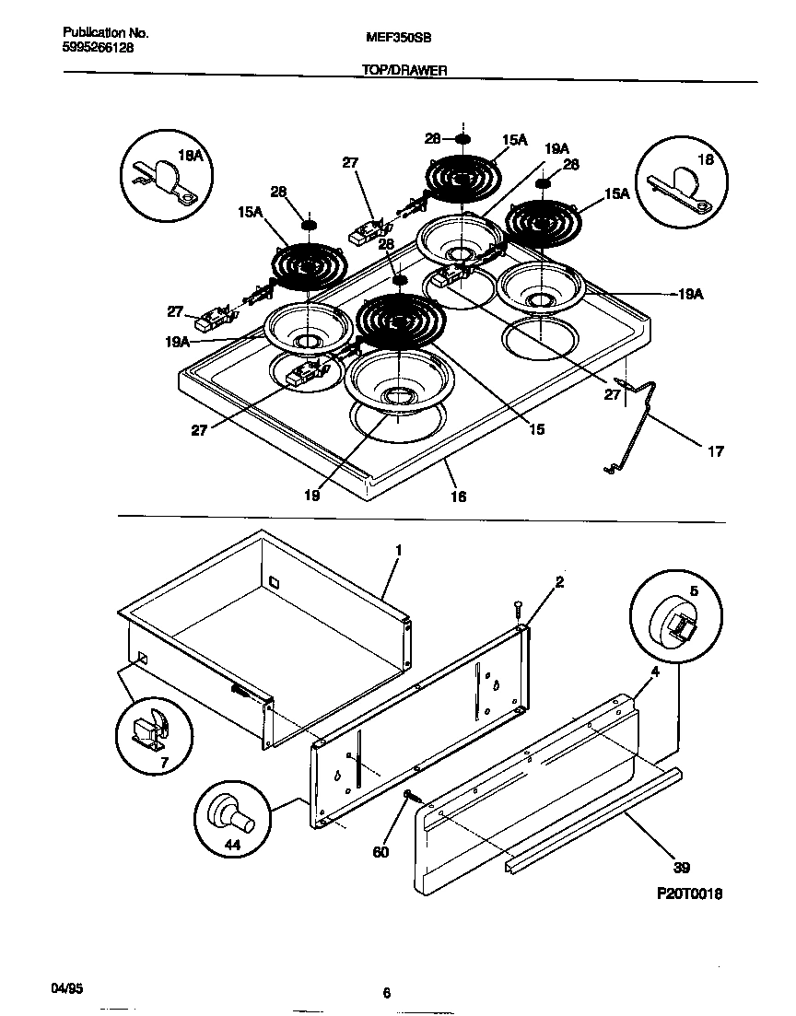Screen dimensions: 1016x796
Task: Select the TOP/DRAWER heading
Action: click(x=404, y=70)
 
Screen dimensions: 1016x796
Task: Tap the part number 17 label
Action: click(x=716, y=451)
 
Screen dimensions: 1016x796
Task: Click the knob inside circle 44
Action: click(x=233, y=812)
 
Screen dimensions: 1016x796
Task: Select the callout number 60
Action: click(x=380, y=852)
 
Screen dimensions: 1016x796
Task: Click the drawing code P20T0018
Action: click(x=688, y=893)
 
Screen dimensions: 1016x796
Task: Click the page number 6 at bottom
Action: click(x=387, y=993)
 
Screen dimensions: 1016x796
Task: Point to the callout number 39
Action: click(x=683, y=868)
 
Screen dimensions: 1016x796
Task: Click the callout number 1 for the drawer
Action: click(x=399, y=551)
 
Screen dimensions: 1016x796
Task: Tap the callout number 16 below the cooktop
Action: click(x=458, y=496)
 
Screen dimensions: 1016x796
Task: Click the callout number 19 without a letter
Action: click(x=311, y=496)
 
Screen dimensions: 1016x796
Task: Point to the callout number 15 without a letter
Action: click(x=536, y=429)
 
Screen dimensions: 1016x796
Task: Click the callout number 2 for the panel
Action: click(x=559, y=582)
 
